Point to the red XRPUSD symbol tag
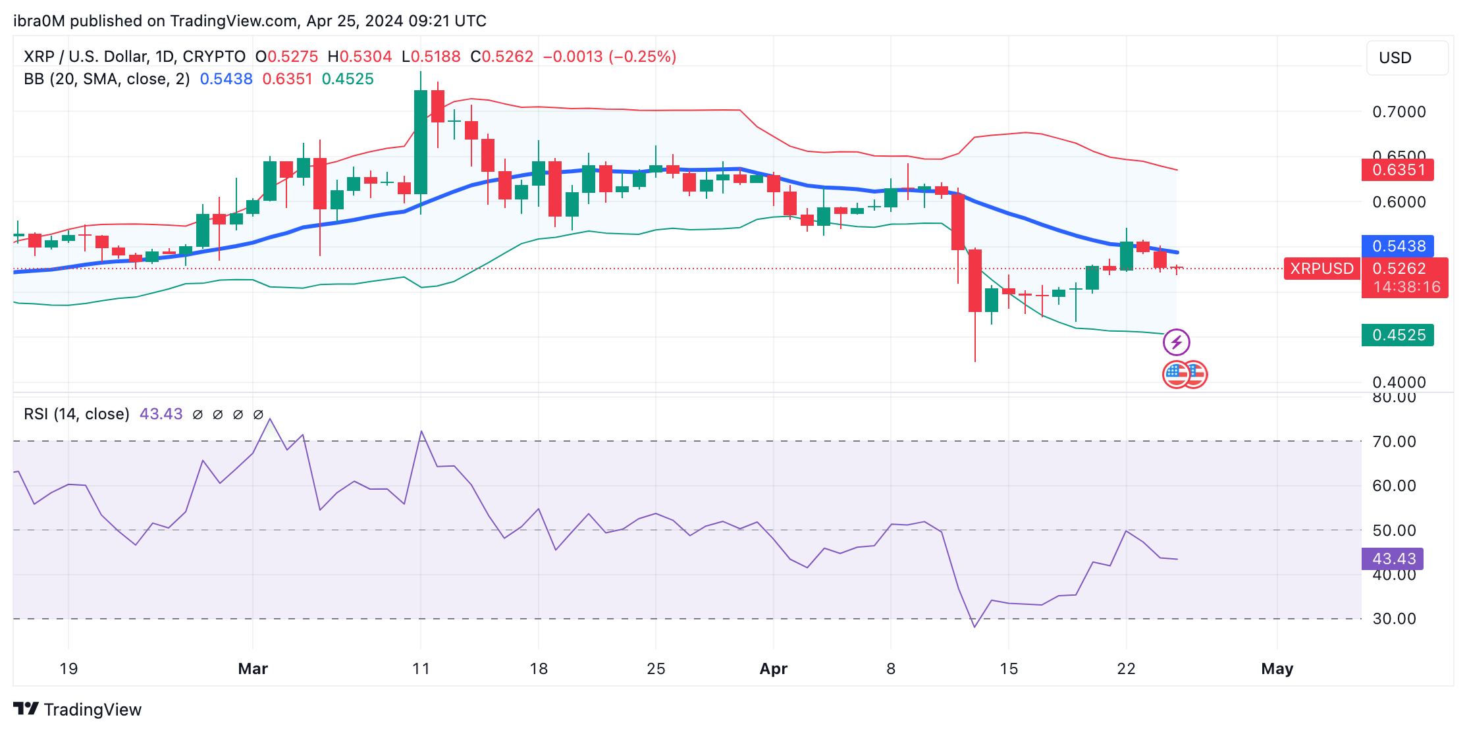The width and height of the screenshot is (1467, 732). click(x=1321, y=269)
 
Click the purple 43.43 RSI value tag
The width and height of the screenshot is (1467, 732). click(x=1393, y=559)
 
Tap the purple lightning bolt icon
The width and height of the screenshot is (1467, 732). click(x=1176, y=342)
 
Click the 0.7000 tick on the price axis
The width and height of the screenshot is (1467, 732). click(x=1399, y=112)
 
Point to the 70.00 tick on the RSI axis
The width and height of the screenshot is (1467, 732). click(x=1394, y=442)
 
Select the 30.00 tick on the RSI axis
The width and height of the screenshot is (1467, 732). click(x=1394, y=619)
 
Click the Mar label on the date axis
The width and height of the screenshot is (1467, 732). click(x=253, y=669)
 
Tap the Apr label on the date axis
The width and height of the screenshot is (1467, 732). click(x=773, y=669)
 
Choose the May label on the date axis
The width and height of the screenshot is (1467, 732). click(x=1277, y=669)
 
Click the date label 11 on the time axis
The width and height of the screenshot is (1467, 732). click(x=421, y=669)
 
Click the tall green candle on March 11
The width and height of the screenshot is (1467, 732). click(x=420, y=142)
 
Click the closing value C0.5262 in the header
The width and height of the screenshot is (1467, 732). click(x=502, y=57)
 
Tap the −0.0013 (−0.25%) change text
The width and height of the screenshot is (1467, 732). click(x=609, y=57)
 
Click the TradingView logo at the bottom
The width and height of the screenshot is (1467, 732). click(x=78, y=709)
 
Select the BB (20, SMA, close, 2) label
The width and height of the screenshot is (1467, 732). click(x=107, y=79)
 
